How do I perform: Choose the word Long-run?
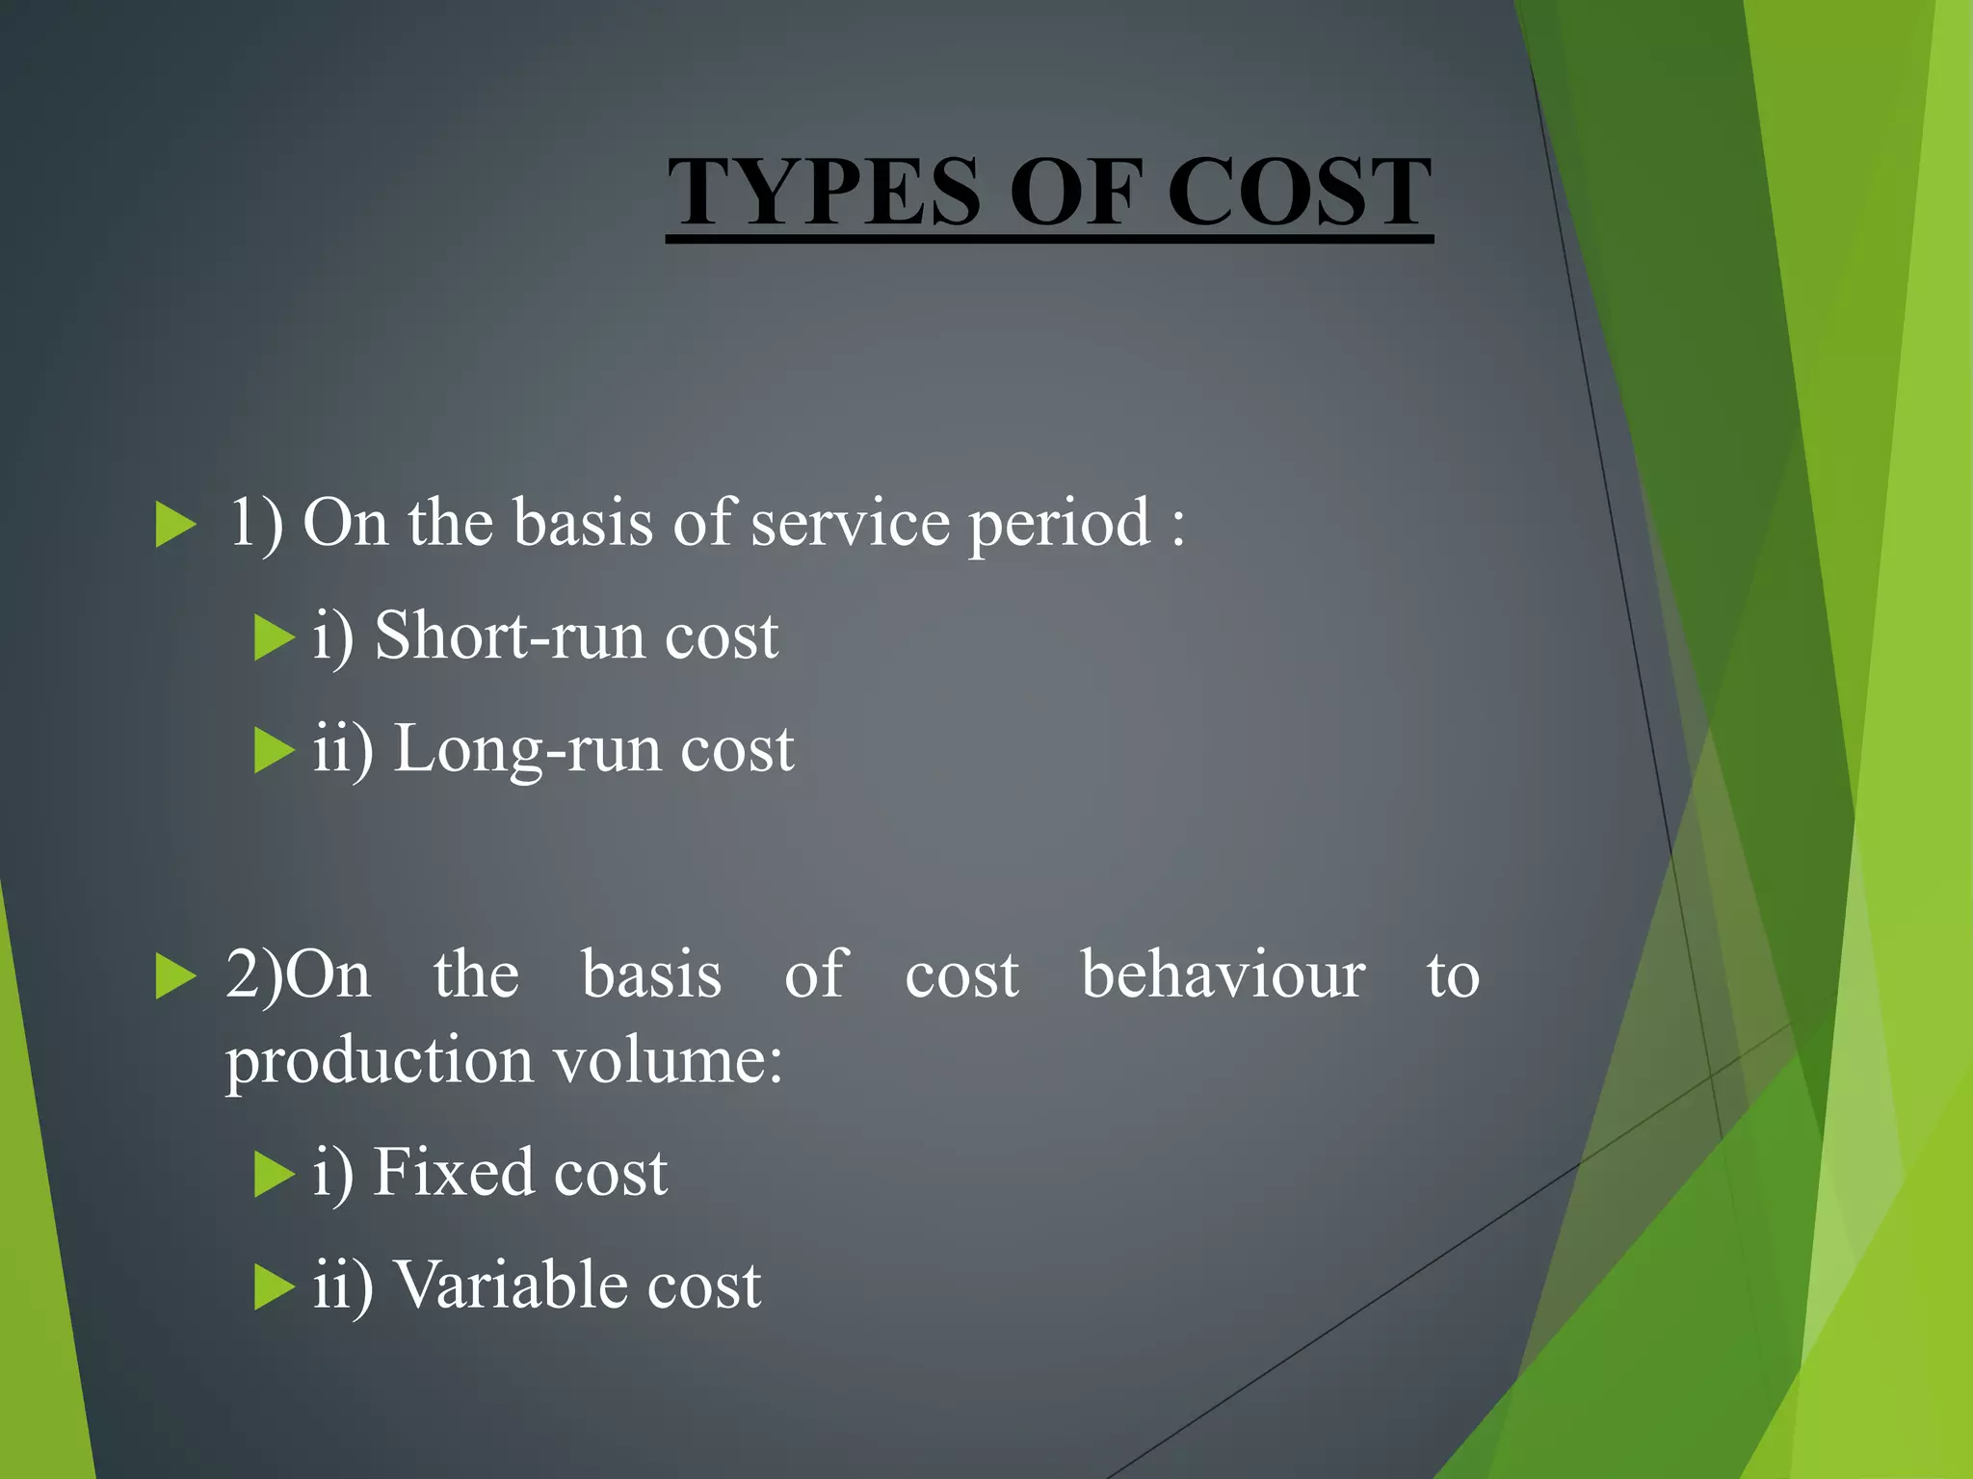(527, 750)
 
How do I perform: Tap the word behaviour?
(1223, 974)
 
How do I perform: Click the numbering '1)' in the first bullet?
(255, 524)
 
